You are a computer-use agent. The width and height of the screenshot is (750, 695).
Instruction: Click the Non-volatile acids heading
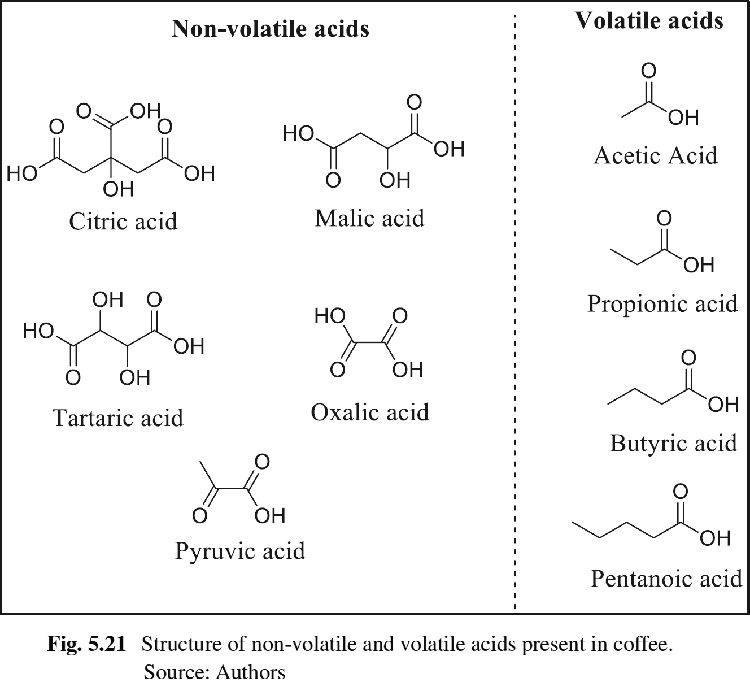pos(271,28)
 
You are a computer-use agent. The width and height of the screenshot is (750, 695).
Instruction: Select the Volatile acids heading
pos(649,20)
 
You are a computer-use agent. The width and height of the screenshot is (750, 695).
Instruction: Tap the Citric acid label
pos(123,221)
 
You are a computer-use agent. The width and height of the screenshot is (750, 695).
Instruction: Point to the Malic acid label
pos(369,218)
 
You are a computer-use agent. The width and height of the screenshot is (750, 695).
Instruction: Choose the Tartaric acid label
pos(117,418)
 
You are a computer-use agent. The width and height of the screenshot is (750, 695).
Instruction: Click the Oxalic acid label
pos(369,412)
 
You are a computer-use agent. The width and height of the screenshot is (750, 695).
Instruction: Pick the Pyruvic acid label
pos(240,550)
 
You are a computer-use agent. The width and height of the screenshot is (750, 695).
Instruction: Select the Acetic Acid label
pos(655,155)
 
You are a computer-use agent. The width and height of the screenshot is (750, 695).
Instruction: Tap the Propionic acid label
pos(662,303)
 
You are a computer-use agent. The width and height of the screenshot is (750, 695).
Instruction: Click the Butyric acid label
pos(673,443)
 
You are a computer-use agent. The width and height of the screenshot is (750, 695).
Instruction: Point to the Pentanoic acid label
pos(666,578)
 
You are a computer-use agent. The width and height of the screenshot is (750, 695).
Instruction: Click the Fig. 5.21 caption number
pos(86,644)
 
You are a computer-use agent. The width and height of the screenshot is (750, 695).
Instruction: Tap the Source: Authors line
pos(215,672)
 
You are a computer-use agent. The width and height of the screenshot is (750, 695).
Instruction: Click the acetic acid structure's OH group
pos(683,118)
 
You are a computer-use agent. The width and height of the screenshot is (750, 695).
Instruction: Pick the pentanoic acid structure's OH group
pos(715,538)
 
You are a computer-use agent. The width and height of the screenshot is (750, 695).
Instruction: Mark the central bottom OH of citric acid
pos(119,189)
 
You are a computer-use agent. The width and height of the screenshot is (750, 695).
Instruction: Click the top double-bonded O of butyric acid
pos(688,358)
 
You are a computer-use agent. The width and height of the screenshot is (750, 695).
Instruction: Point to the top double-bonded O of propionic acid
pos(664,218)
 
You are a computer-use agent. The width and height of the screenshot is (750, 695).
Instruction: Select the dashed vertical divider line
pos(515,311)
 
